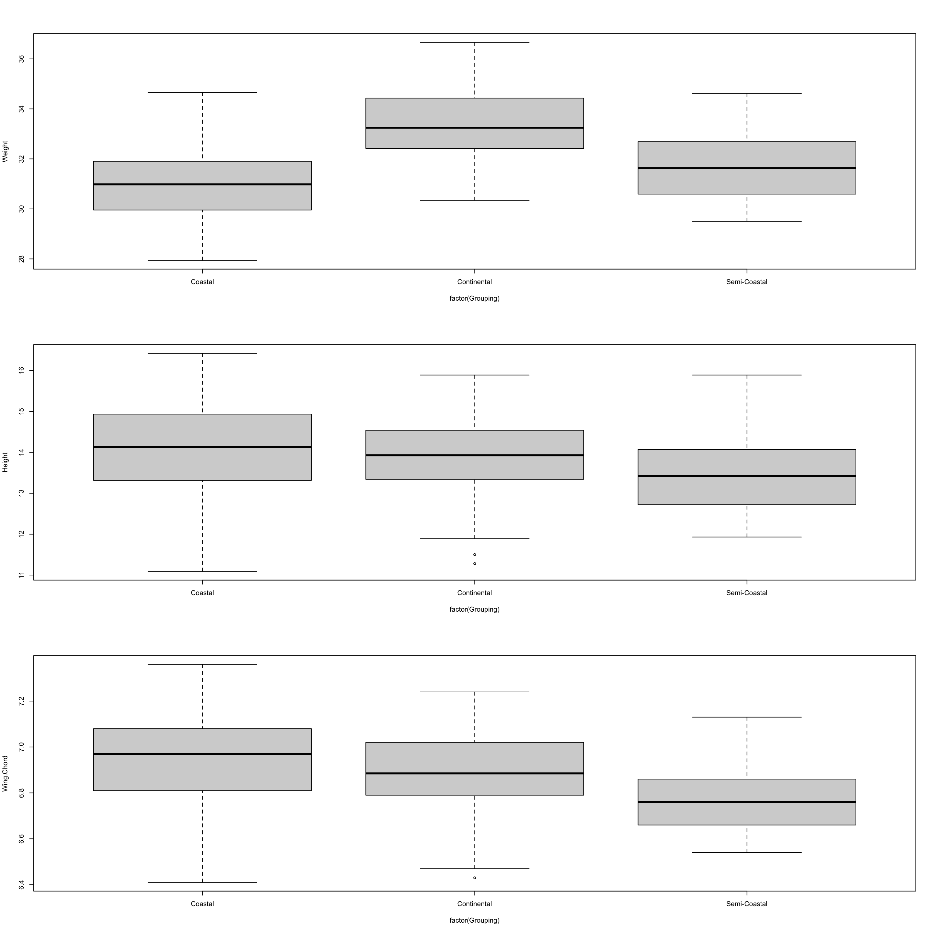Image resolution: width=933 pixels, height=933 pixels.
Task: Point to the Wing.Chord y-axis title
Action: [5, 774]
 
